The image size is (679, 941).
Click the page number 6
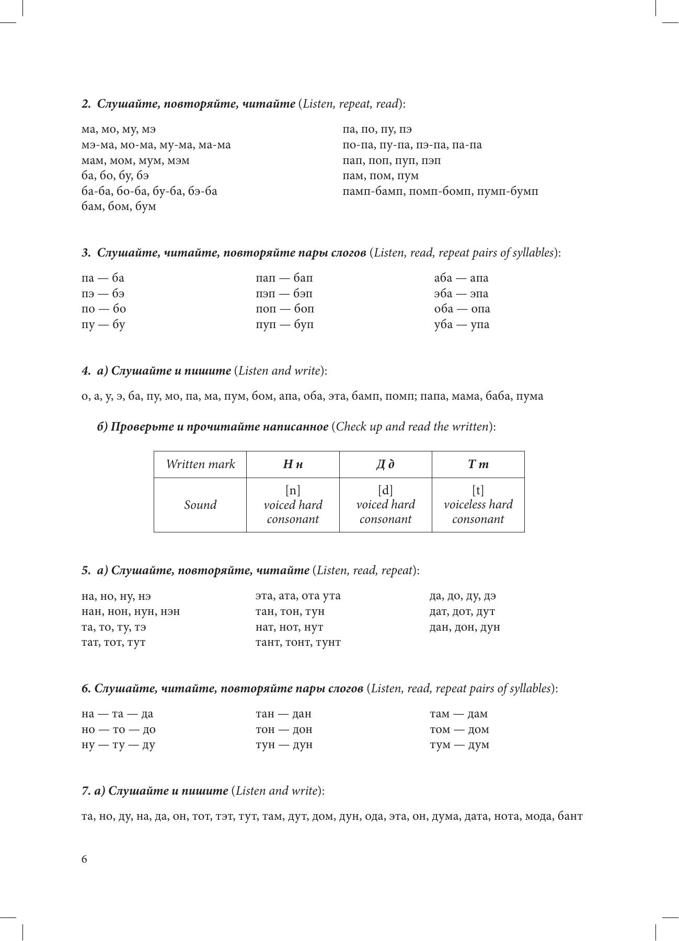click(x=85, y=859)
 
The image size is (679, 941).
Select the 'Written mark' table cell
click(x=200, y=464)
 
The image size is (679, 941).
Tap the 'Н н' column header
click(x=293, y=464)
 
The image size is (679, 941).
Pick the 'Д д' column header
click(x=385, y=464)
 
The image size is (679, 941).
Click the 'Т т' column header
click(x=478, y=464)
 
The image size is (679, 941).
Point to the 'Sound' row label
click(x=200, y=505)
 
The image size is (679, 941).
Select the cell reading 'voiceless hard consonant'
click(x=478, y=505)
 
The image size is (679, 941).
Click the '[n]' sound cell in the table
click(x=293, y=491)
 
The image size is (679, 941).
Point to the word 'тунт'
click(x=327, y=643)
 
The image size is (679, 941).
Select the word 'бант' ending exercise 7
click(x=570, y=817)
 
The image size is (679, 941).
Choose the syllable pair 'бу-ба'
click(x=168, y=192)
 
